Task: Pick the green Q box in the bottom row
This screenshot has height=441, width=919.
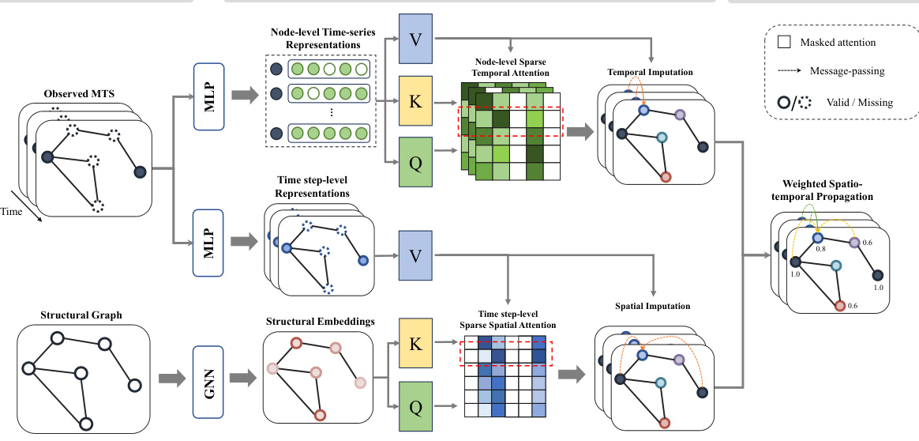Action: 416,408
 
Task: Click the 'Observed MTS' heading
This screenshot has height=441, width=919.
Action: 79,94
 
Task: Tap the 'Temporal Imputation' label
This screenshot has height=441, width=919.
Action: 650,72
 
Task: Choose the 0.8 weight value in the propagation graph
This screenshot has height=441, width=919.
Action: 820,249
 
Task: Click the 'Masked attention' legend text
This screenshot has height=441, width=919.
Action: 837,43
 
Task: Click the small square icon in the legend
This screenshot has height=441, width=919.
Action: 783,43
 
